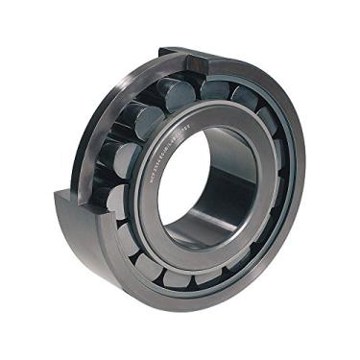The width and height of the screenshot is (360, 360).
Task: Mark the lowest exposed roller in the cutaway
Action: click(x=113, y=202)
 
